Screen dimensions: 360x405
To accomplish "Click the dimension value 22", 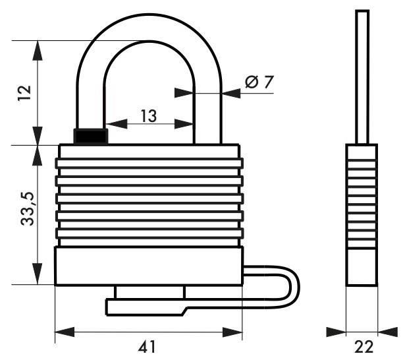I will (x=363, y=345).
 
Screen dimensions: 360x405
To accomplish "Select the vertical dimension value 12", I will (x=24, y=92).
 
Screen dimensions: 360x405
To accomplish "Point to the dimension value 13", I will (x=148, y=117).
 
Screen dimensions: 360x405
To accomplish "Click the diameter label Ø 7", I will (x=259, y=82).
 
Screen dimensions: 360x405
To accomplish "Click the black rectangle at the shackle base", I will (x=90, y=136).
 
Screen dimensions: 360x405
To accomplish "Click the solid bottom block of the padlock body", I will (x=148, y=266).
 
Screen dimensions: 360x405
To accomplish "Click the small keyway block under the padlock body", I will (x=149, y=292).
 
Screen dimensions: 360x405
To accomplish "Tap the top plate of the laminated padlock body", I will (x=148, y=152).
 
